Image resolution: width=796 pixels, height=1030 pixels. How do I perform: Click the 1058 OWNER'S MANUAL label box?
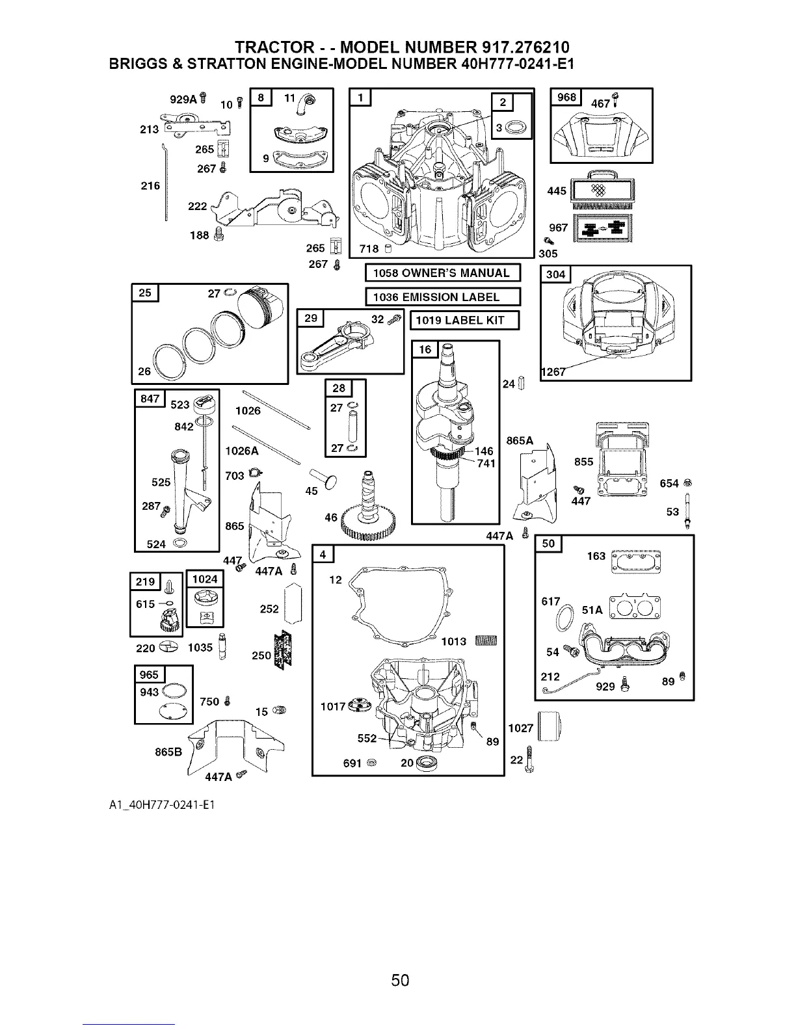(x=443, y=273)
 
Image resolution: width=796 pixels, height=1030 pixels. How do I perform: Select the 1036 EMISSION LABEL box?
(x=443, y=297)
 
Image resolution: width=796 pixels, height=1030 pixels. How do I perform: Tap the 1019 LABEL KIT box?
(x=465, y=321)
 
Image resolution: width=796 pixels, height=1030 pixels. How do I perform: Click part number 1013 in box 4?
(x=453, y=642)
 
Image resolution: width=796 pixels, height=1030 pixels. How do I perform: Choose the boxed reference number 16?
(x=425, y=350)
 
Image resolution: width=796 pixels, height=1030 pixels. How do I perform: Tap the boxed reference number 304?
(x=555, y=274)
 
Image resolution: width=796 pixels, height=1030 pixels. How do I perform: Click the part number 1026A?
(x=241, y=451)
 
